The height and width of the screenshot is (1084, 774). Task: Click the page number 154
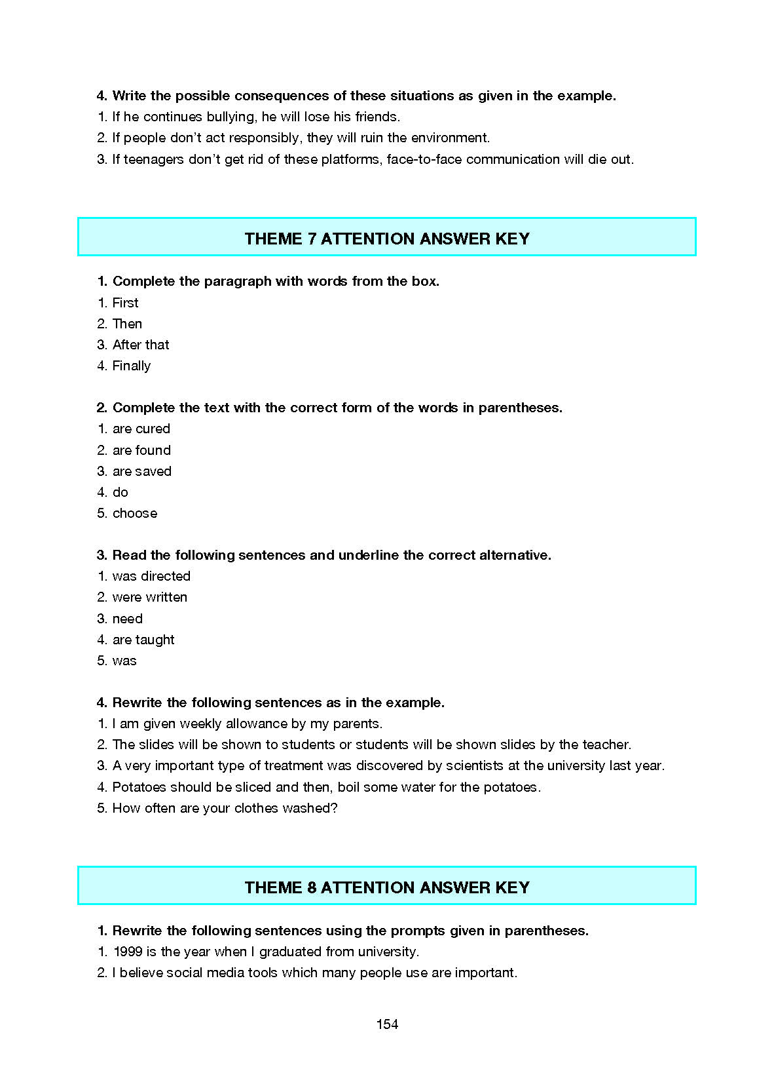pyautogui.click(x=387, y=1024)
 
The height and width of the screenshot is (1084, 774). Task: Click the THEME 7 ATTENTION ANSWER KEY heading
pyautogui.click(x=387, y=239)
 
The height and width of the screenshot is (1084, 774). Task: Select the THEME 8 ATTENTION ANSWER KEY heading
pyautogui.click(x=387, y=887)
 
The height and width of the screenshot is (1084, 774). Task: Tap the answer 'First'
pyautogui.click(x=125, y=303)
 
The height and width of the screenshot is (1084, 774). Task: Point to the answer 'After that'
pyautogui.click(x=141, y=345)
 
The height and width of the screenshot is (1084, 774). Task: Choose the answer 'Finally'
pyautogui.click(x=132, y=366)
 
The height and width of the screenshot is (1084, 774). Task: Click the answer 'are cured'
pyautogui.click(x=141, y=429)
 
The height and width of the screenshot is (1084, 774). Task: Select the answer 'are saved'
pyautogui.click(x=142, y=471)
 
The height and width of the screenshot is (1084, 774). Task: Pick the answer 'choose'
pyautogui.click(x=135, y=513)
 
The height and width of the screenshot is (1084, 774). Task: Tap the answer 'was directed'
pyautogui.click(x=151, y=576)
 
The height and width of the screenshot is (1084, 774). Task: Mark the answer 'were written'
pyautogui.click(x=150, y=597)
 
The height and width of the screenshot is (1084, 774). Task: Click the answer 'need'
pyautogui.click(x=128, y=619)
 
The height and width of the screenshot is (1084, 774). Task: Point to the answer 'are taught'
pyautogui.click(x=143, y=640)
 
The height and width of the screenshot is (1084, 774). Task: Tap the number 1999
pyautogui.click(x=128, y=952)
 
